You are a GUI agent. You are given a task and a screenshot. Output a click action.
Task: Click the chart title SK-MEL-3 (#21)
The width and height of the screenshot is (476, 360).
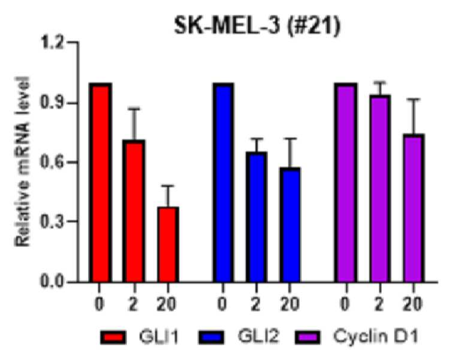click(257, 26)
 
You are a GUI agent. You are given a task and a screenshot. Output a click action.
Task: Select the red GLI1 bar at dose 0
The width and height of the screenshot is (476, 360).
click(101, 183)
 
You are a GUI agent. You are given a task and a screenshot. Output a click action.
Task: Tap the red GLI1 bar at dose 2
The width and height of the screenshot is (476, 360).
click(134, 211)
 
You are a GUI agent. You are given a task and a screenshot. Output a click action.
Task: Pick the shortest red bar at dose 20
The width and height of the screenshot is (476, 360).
click(168, 245)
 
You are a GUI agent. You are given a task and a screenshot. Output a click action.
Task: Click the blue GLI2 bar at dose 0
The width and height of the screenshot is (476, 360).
click(224, 183)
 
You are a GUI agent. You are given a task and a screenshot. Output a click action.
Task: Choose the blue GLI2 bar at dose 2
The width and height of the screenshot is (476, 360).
click(257, 217)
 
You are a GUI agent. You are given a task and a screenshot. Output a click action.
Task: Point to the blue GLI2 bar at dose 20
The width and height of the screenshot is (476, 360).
click(290, 225)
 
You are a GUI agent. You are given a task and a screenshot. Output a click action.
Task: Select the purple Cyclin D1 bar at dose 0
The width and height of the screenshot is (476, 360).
click(346, 183)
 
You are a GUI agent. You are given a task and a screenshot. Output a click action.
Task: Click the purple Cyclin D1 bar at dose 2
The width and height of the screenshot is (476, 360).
click(379, 189)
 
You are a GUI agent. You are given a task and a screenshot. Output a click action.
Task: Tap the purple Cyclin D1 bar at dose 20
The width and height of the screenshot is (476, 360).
click(413, 208)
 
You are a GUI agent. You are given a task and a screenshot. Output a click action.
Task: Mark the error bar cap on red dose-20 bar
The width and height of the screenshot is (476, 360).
click(168, 186)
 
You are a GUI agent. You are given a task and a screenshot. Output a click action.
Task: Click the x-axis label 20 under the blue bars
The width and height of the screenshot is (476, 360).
click(290, 304)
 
